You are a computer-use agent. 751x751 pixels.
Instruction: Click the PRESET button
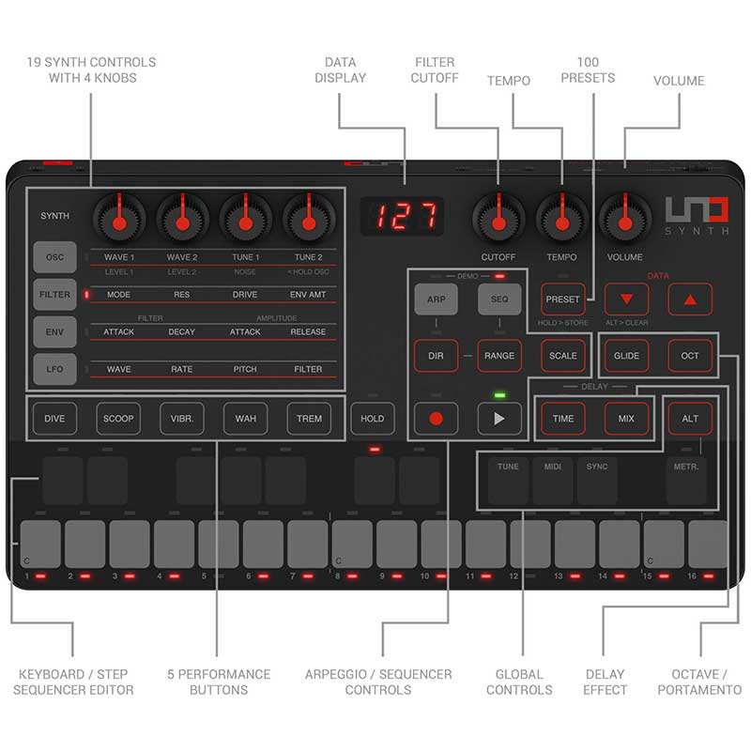click(562, 299)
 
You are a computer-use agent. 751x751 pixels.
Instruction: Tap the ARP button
click(437, 299)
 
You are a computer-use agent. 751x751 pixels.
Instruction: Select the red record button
click(437, 418)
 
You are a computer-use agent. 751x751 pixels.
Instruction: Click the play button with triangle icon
click(499, 418)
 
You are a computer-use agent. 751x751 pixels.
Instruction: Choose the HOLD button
click(373, 419)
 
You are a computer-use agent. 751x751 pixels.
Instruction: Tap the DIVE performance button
click(54, 419)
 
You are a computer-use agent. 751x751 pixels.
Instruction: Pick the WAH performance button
click(245, 419)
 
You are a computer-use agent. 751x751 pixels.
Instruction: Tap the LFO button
click(54, 369)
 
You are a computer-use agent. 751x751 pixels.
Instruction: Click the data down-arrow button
click(626, 299)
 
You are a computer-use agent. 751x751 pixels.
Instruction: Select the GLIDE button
click(626, 356)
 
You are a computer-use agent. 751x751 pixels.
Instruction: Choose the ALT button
click(690, 419)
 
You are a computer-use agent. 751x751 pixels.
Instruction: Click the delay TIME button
click(562, 419)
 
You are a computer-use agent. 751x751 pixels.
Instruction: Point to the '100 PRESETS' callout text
click(587, 69)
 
